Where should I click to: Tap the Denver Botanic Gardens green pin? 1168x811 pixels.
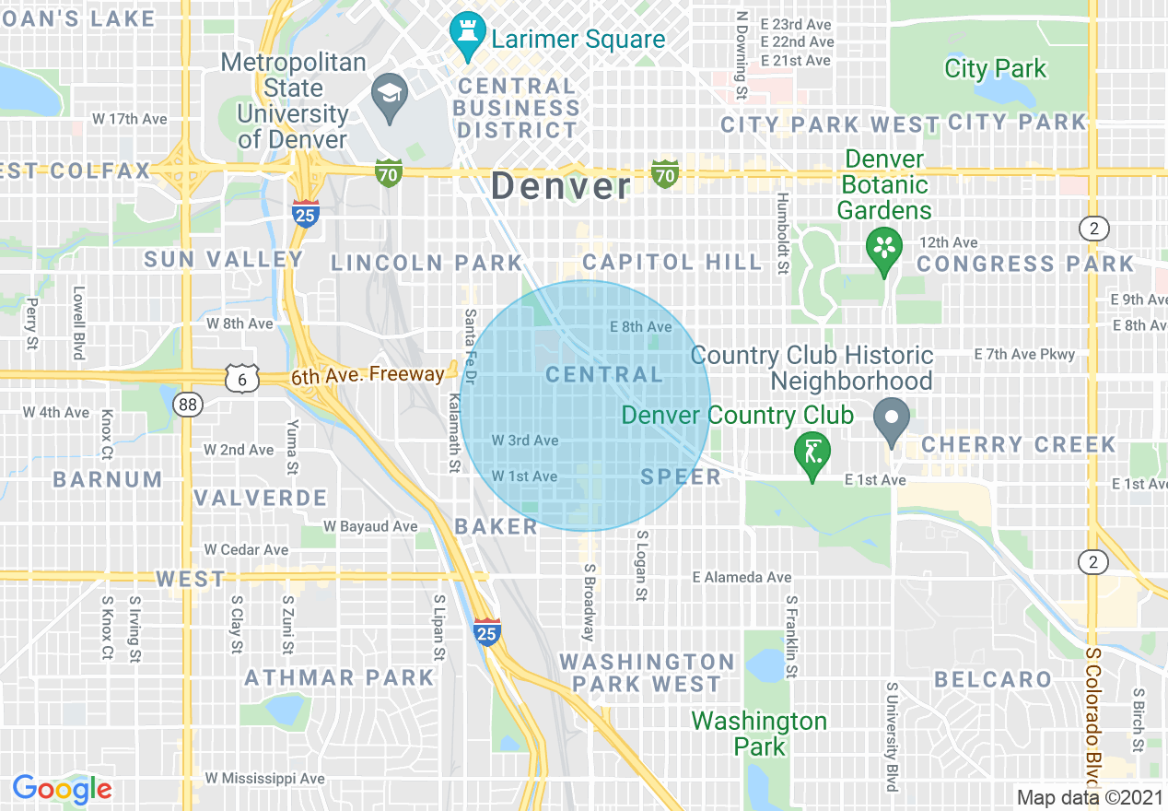tap(884, 249)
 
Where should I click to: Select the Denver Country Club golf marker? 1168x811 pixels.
tap(812, 453)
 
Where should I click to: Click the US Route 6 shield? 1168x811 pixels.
tap(239, 379)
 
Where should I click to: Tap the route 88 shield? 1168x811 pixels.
tap(189, 404)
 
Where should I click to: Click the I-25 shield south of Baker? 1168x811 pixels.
tap(487, 631)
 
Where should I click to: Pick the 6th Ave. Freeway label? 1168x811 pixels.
tap(368, 375)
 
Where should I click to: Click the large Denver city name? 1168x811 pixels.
tap(561, 186)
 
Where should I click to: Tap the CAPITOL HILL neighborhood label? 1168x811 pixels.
tap(672, 263)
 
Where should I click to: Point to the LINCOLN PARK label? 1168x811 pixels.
tap(426, 264)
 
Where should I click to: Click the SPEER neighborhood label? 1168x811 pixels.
tap(681, 476)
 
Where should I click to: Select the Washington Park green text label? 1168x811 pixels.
tap(759, 733)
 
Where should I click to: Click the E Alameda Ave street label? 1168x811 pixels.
tap(742, 578)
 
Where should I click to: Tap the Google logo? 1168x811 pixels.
tap(62, 789)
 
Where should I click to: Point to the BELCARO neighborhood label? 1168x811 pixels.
tap(993, 680)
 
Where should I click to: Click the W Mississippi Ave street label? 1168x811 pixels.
tap(264, 779)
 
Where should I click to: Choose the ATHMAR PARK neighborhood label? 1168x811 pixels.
tap(339, 678)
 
